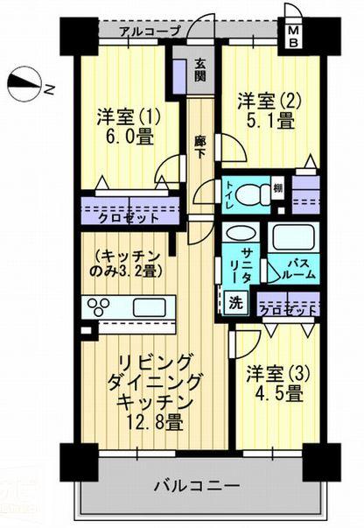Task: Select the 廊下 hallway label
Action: (x=199, y=144)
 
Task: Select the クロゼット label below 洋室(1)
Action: (x=129, y=217)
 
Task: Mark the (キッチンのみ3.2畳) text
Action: (x=127, y=263)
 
